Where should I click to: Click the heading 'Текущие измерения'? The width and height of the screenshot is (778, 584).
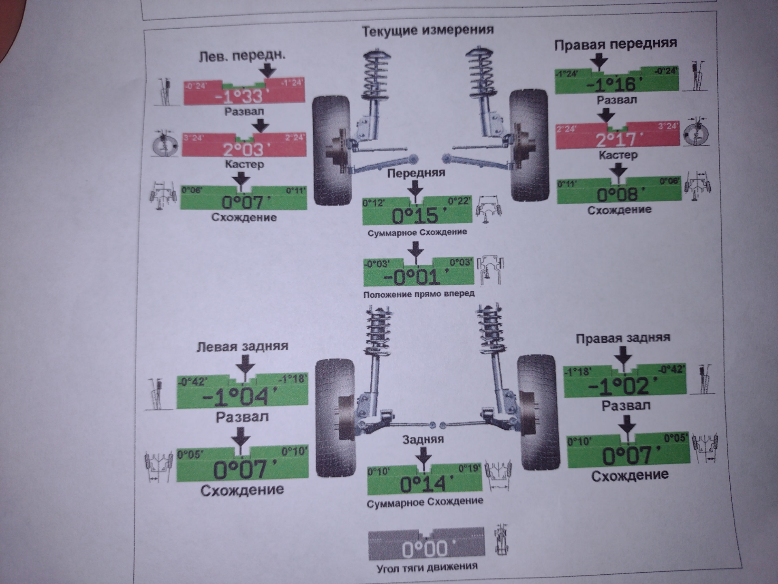pos(427,30)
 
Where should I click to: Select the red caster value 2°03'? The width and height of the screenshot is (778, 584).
pos(243,149)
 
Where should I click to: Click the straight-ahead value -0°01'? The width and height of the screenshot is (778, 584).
pos(417,277)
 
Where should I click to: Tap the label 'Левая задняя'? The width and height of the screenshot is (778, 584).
pos(242,347)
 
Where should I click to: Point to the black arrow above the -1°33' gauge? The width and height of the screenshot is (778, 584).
pos(267,69)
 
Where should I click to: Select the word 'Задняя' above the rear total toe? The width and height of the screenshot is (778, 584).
pos(423,439)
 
